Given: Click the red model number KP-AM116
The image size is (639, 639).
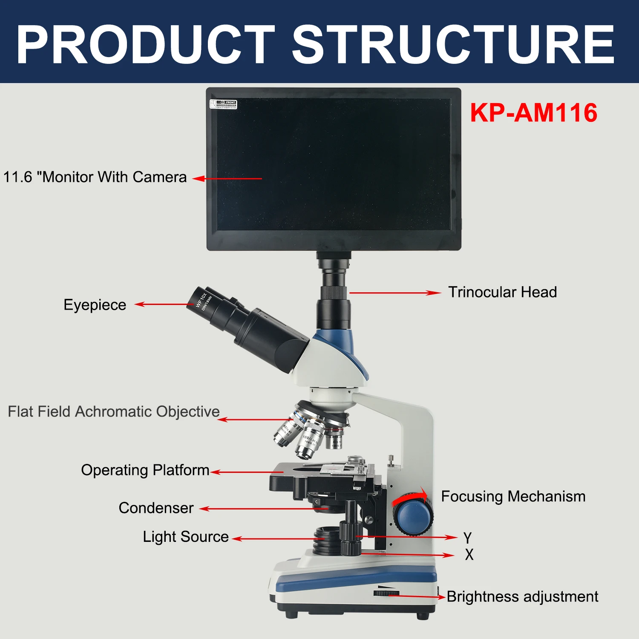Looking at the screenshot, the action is [x=533, y=113].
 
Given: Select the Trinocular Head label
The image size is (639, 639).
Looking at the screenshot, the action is [x=502, y=292].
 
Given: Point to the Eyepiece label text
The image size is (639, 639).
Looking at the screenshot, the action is [x=95, y=305].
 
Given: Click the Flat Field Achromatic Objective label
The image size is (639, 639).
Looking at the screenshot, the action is [x=114, y=412].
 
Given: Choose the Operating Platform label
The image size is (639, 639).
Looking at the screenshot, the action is [x=145, y=470].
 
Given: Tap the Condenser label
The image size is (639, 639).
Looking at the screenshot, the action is [x=156, y=508].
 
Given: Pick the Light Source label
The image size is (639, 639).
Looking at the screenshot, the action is [x=186, y=537].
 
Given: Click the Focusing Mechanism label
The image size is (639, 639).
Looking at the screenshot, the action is [x=513, y=496].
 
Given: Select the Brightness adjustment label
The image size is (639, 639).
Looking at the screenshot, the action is [x=522, y=597].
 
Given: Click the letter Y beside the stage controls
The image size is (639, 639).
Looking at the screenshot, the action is [x=468, y=538].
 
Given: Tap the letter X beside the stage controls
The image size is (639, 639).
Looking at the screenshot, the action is [x=469, y=555].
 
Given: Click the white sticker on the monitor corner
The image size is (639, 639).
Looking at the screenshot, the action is [x=223, y=104].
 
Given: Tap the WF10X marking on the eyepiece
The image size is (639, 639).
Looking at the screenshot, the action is [x=201, y=300].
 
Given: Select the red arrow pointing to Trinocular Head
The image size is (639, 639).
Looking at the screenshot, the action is [x=394, y=293].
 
